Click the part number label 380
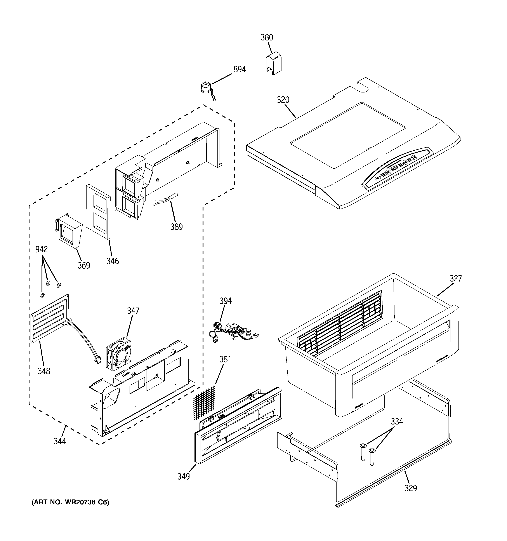point(267,38)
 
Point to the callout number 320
point(283,100)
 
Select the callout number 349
point(184,477)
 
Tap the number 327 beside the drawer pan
point(456,278)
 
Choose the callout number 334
point(397,421)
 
